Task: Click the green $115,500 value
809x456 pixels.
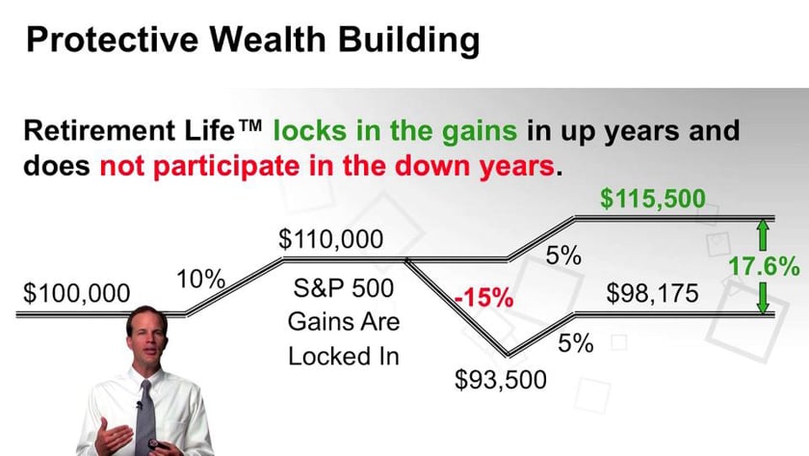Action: (x=652, y=199)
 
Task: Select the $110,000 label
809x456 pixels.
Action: (x=330, y=238)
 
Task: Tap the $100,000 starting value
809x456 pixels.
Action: (x=77, y=293)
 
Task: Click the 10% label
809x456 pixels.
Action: (x=200, y=281)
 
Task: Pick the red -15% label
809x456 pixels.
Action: (x=483, y=297)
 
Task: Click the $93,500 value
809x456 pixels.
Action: (x=500, y=379)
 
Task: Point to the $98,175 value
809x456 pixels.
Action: (x=652, y=293)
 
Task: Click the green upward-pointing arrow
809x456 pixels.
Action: (x=762, y=233)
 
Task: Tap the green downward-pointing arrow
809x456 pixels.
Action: (x=762, y=298)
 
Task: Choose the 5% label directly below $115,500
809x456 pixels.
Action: (x=563, y=256)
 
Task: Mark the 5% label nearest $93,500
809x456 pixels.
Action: (x=576, y=343)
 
